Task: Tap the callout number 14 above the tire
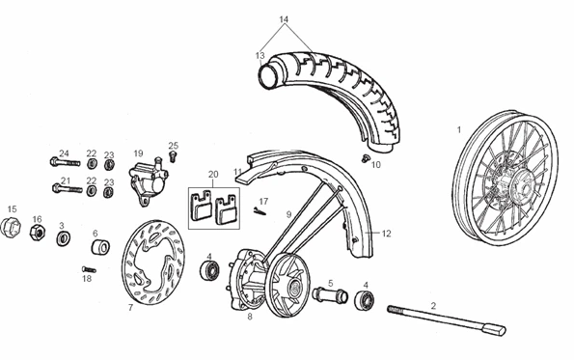(284, 19)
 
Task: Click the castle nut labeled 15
(10, 227)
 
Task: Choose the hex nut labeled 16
(38, 233)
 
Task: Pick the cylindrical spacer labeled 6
(100, 247)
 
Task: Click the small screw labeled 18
(89, 270)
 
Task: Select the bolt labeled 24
(65, 161)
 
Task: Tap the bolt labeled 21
(68, 188)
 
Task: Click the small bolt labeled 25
(173, 155)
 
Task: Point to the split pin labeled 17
(260, 211)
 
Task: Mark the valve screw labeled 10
(365, 158)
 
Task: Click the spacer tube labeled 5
(330, 295)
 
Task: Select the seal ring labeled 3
(64, 238)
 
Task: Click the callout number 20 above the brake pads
(213, 175)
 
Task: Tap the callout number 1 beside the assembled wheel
(459, 129)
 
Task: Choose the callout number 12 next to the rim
(386, 234)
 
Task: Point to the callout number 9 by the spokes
(288, 214)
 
